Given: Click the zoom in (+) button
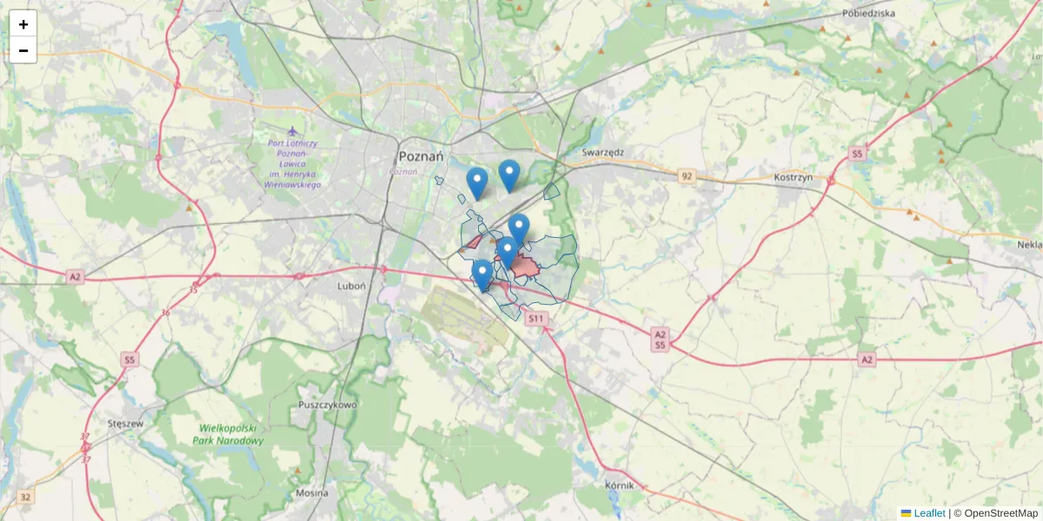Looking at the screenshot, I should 23,24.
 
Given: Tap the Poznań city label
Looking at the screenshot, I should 421,157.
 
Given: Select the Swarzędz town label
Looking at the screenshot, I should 602,153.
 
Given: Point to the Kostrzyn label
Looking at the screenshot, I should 792,177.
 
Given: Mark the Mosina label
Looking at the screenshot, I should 312,493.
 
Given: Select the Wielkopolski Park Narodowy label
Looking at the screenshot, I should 230,434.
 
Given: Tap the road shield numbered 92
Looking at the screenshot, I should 687,177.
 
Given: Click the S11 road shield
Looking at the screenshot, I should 536,319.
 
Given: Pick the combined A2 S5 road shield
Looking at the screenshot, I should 660,339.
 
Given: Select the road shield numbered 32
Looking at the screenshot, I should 25,498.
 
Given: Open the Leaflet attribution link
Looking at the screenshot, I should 929,513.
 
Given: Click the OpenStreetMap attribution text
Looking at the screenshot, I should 1000,513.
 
